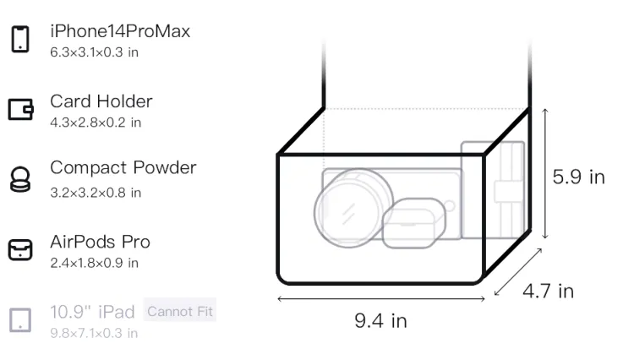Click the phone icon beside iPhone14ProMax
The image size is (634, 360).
[x=20, y=39]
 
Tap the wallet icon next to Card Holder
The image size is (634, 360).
[x=20, y=109]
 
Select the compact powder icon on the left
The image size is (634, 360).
[x=20, y=179]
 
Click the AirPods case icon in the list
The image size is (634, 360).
[x=20, y=249]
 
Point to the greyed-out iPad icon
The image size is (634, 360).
[x=20, y=320]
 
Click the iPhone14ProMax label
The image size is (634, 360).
[x=120, y=31]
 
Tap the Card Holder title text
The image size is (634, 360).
[x=101, y=101]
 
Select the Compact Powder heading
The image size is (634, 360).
[x=123, y=167]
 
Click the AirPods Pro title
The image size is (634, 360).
[x=101, y=242]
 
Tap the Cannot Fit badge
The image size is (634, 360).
[x=180, y=311]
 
